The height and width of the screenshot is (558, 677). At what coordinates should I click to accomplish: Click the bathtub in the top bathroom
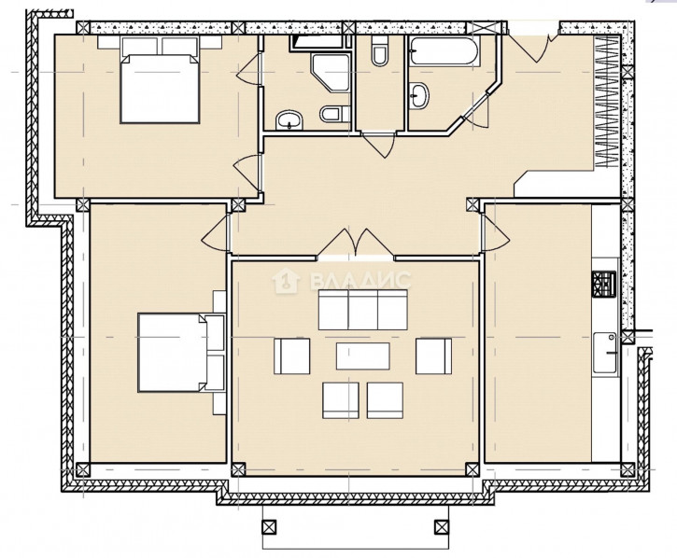[x=444, y=51]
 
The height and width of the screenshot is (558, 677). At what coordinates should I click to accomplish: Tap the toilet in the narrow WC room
[x=380, y=51]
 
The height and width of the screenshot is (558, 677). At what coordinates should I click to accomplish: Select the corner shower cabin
[x=331, y=73]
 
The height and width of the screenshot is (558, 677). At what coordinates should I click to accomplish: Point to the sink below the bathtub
[x=419, y=95]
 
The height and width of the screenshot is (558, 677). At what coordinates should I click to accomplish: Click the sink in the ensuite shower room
[x=289, y=119]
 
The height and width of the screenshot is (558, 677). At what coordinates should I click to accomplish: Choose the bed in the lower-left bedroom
[x=181, y=353]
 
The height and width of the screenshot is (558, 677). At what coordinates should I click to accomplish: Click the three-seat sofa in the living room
[x=362, y=310]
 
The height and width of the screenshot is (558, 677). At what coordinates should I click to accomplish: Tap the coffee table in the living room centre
[x=362, y=356]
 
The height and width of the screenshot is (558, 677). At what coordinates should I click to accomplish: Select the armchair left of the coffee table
[x=292, y=356]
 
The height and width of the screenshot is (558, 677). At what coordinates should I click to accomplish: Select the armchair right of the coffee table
[x=433, y=356]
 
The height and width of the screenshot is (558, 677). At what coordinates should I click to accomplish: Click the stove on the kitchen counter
[x=603, y=284]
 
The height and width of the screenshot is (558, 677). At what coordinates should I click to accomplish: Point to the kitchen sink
[x=605, y=353]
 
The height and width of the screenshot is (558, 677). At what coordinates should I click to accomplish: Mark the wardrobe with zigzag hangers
[x=609, y=102]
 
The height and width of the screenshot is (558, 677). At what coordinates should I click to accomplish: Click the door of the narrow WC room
[x=379, y=145]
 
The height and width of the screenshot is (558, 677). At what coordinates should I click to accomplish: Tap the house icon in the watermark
[x=286, y=281]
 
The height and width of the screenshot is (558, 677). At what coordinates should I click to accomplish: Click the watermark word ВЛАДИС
[x=360, y=281]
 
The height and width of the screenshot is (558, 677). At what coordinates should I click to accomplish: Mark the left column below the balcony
[x=269, y=527]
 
